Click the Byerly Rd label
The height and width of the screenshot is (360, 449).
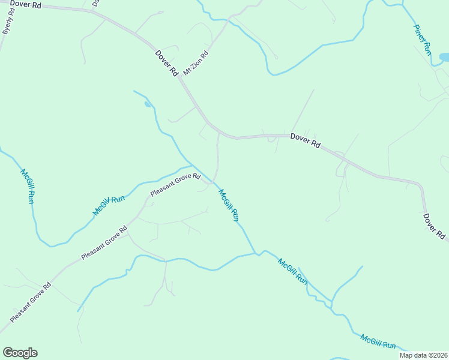8,21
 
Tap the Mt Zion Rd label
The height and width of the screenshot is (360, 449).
196,63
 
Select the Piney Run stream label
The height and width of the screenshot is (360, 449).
423,40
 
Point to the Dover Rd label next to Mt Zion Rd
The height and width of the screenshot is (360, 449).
167,62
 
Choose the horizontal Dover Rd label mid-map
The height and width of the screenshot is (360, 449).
306,140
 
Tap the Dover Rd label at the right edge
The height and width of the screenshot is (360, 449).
434,226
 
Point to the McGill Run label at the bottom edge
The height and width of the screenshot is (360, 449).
378,342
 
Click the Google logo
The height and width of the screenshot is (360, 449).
20,353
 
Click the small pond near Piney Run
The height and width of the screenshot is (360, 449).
445,58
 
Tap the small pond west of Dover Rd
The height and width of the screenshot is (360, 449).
148,104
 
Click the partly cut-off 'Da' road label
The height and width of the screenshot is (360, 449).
95,3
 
